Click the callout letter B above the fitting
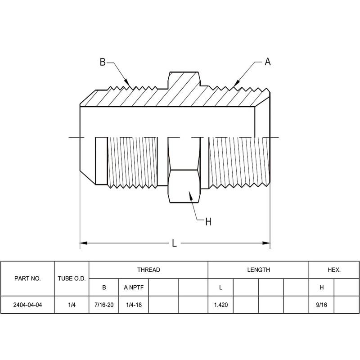point(103,62)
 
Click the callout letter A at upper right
point(268,62)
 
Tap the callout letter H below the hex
point(208,222)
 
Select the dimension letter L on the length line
point(175,243)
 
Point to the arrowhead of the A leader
point(236,84)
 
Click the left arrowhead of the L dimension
point(84,243)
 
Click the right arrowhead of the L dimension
point(266,243)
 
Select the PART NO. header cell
point(27,279)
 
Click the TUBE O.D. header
point(72,279)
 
